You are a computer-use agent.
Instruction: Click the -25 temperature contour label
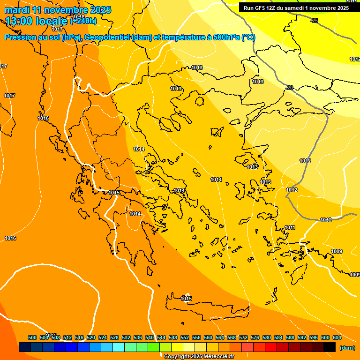coord(314,21)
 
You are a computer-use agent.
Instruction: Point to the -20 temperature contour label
coord(289,88)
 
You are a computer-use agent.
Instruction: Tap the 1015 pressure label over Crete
coord(187,299)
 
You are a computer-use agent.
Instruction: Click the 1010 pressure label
coord(326,220)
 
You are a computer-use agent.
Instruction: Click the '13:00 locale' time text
coord(36,21)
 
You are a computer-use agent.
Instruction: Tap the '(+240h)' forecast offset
coord(83,21)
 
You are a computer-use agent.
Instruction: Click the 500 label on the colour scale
coord(32,337)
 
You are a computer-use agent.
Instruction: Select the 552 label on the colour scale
coord(185,337)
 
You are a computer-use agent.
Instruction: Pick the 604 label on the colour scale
coord(337,337)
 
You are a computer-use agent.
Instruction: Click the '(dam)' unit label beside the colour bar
coord(347,348)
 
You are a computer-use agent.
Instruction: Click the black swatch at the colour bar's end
coord(330,347)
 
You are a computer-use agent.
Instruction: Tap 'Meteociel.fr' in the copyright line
coord(216,357)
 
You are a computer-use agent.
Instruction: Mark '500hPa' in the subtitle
coord(227,37)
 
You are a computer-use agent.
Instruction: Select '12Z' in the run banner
coord(272,8)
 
